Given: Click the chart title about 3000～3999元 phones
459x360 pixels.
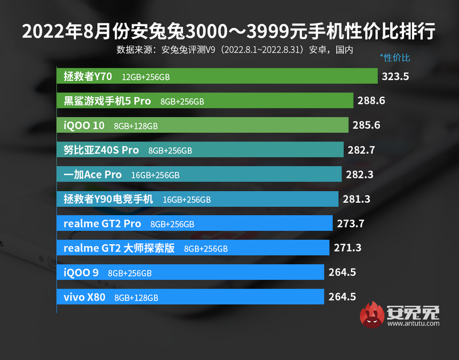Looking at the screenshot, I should point(229,32).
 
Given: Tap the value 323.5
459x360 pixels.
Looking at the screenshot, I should point(395,76).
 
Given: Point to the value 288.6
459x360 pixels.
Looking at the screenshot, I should point(371,100).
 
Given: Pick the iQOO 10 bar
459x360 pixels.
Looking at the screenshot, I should point(203,126).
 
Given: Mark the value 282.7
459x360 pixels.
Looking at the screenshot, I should point(361,150).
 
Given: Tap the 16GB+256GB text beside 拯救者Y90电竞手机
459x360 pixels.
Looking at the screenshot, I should point(187,200).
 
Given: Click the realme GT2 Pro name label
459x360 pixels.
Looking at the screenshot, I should point(102,224).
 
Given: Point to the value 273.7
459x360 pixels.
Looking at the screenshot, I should point(351,224).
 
